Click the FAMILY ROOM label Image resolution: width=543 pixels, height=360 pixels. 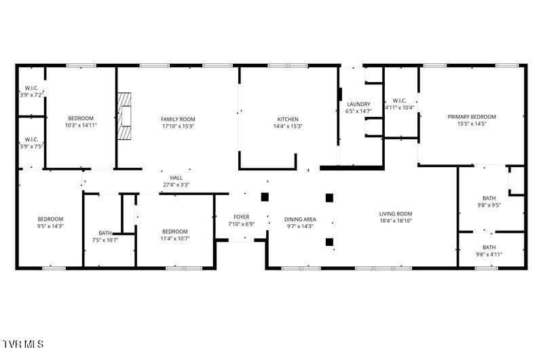(178, 119)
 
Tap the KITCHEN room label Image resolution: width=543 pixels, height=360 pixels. (288, 119)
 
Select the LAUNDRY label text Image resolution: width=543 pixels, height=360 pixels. (358, 104)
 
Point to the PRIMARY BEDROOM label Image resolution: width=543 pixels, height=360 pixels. (472, 117)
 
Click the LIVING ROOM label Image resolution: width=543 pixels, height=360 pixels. (396, 214)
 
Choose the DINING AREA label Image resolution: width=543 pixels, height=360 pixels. (300, 219)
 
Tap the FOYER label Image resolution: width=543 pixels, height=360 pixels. (242, 217)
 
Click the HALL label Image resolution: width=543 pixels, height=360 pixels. (176, 178)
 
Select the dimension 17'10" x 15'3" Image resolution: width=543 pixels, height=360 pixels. (178, 126)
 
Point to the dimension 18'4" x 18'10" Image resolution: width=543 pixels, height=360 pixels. (396, 221)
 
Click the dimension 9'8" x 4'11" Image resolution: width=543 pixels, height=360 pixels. (489, 254)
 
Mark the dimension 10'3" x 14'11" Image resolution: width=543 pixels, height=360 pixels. (81, 125)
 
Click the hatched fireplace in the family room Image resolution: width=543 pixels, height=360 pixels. (124, 116)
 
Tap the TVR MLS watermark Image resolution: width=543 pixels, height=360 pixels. (23, 344)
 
